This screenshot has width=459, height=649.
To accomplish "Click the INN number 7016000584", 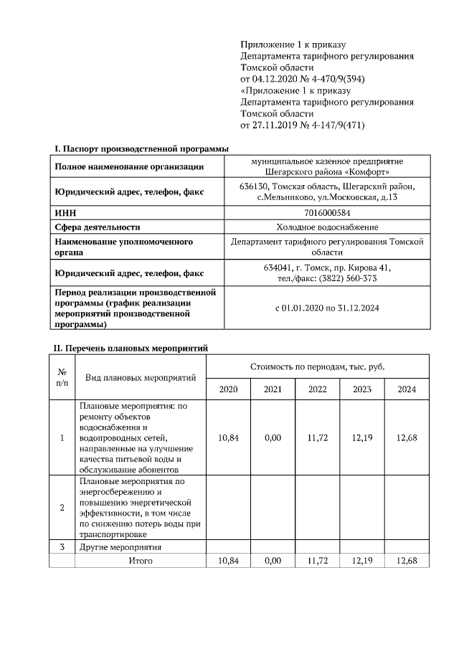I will (327, 213).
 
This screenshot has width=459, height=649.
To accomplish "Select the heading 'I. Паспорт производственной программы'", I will (142, 148).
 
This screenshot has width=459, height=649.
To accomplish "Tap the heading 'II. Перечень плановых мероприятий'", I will (131, 348).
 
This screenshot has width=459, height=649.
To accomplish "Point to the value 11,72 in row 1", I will (317, 437).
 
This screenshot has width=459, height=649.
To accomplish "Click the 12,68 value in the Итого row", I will (406, 560).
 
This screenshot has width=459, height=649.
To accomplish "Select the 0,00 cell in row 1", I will (273, 437).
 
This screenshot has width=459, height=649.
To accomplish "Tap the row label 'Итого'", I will (141, 560).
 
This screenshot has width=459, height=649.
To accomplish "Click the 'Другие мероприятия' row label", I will (120, 547).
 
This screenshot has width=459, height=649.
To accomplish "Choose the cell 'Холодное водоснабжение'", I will (327, 227).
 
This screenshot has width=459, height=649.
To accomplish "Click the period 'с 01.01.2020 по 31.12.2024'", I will (327, 308).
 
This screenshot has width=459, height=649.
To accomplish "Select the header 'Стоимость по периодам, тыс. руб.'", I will (317, 366).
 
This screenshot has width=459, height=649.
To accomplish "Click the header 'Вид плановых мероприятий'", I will (141, 377).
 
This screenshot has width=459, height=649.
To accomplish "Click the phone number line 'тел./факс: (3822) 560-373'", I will (327, 278).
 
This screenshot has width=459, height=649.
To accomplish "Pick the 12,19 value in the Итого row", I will (361, 560).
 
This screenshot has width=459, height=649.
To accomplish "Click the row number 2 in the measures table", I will (62, 508).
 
